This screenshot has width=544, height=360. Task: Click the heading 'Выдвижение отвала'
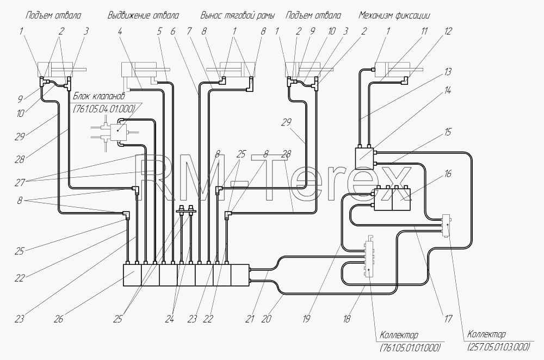(143, 15)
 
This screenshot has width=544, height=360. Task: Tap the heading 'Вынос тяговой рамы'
(238, 15)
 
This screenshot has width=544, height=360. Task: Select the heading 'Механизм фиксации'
(394, 15)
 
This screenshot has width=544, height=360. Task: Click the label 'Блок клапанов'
(99, 96)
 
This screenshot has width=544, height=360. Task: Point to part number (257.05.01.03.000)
(499, 346)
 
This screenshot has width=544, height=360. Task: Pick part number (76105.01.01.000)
(410, 347)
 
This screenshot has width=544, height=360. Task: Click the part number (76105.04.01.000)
(104, 109)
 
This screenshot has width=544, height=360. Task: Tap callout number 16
(448, 173)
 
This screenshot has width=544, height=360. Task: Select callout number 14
(448, 90)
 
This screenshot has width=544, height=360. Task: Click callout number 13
(448, 71)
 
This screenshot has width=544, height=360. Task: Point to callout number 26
(58, 318)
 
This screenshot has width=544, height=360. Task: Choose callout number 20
(266, 318)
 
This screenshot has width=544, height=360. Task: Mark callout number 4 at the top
(120, 31)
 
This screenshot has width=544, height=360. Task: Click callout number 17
(448, 318)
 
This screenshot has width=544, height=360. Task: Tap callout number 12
(448, 31)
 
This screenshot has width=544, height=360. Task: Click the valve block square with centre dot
(118, 131)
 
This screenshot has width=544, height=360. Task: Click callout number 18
(346, 318)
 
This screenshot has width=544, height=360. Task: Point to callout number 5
(159, 31)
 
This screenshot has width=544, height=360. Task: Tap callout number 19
(306, 318)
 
